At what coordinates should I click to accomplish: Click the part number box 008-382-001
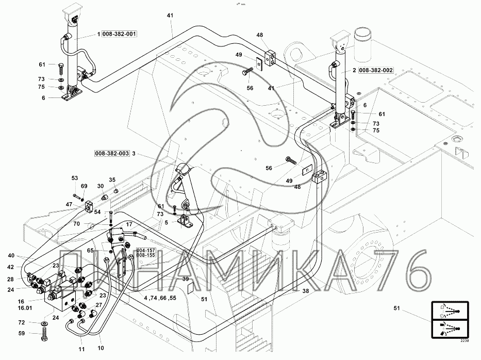120,35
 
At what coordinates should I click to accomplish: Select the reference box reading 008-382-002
377,70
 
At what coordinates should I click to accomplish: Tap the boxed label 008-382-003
112,153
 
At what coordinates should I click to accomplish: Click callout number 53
75,178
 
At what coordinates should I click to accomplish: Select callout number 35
112,179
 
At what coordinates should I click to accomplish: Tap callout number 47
69,205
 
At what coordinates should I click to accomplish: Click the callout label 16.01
24,308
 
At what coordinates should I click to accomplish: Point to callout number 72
21,322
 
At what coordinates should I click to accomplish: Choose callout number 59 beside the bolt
21,334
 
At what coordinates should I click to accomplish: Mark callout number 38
305,291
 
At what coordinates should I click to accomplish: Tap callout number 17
129,224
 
